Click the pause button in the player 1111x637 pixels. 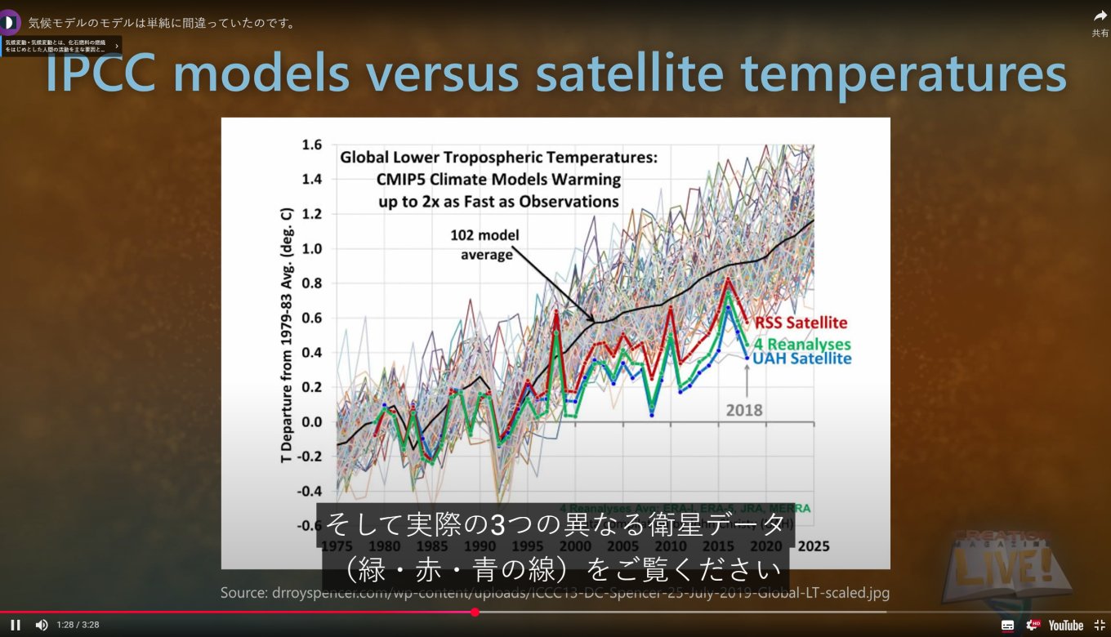click(x=16, y=625)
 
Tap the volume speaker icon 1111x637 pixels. click(x=41, y=625)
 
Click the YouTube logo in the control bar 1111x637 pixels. click(x=1065, y=626)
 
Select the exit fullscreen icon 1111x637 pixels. click(x=1100, y=625)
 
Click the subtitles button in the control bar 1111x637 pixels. click(x=1008, y=626)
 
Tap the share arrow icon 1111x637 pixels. click(x=1100, y=16)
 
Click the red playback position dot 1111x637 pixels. click(x=475, y=612)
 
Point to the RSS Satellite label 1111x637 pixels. click(x=801, y=323)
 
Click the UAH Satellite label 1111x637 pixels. click(x=802, y=359)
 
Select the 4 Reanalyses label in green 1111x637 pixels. click(x=802, y=345)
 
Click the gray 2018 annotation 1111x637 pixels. click(x=745, y=410)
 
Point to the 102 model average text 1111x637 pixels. click(x=484, y=244)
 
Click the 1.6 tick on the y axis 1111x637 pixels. click(x=311, y=145)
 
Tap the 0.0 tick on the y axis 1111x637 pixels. click(x=311, y=422)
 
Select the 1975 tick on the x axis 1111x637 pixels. click(x=337, y=546)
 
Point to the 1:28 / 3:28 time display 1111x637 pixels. click(x=78, y=626)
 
